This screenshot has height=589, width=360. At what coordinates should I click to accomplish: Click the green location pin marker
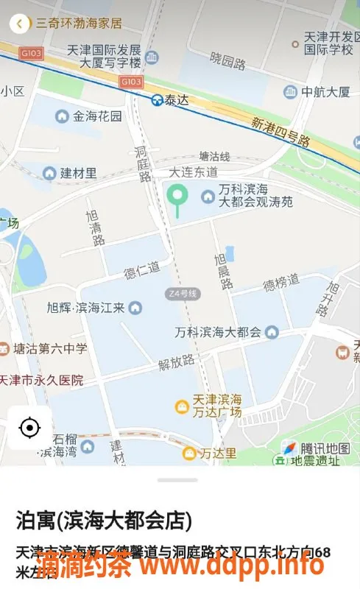tap(176, 197)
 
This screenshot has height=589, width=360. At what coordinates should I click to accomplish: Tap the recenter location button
tap(29, 427)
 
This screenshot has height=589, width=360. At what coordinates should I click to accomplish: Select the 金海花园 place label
tap(97, 116)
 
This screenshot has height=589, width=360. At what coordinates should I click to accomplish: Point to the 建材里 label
tap(77, 173)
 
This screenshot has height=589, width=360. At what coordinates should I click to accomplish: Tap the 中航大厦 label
tap(325, 92)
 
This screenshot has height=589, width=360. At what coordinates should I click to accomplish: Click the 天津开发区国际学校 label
tap(329, 43)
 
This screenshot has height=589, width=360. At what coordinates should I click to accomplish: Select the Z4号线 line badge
tap(183, 294)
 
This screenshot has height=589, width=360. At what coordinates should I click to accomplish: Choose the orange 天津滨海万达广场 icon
tap(180, 406)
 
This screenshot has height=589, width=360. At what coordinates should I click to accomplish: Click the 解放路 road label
tap(177, 361)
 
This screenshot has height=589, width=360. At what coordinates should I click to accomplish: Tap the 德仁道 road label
tap(141, 268)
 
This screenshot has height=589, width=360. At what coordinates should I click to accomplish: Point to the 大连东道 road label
tap(193, 172)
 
